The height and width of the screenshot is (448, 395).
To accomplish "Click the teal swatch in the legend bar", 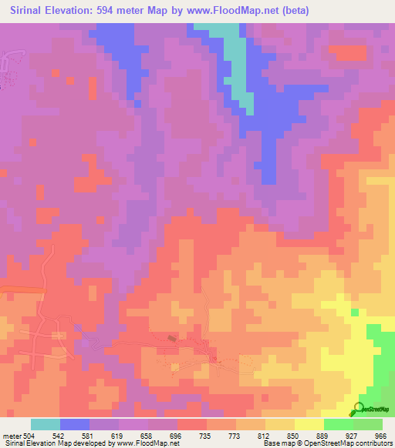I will click(x=46, y=424).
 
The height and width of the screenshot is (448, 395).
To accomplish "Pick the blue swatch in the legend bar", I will click(x=75, y=424).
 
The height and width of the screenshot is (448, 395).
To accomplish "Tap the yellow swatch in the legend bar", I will click(x=309, y=424).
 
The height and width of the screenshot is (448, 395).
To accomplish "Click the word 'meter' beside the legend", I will click(x=12, y=435).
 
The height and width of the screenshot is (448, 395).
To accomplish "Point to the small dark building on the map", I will click(x=172, y=338).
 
